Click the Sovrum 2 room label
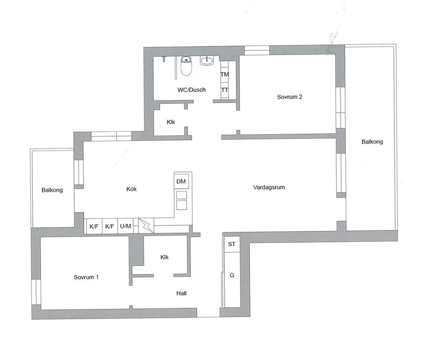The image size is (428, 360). (x=290, y=97)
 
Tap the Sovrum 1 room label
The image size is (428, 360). (x=86, y=277)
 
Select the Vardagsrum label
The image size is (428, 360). (x=268, y=188)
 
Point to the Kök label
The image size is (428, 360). (x=131, y=189)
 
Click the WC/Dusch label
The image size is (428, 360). (x=191, y=90)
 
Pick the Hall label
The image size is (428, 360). (x=181, y=294)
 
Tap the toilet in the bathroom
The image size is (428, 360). (x=186, y=66)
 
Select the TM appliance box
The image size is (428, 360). (x=225, y=74)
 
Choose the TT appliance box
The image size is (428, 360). (x=225, y=90)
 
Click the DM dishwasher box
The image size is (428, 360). (x=181, y=181)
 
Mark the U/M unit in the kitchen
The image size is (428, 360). (x=125, y=226)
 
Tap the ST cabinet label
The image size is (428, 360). (x=231, y=245)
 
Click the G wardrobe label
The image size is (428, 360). (x=232, y=276)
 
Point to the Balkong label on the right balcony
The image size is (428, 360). (x=372, y=142)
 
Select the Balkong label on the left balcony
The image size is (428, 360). (x=52, y=190)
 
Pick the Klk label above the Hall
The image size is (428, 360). (x=164, y=257)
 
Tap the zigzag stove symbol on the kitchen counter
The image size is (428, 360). (x=144, y=225)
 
